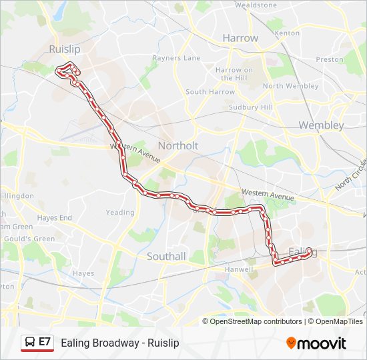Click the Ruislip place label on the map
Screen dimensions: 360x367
(x=64, y=49)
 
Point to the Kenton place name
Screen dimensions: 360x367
(x=287, y=33)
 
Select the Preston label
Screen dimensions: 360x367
(x=329, y=59)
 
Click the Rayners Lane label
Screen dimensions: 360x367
(x=176, y=58)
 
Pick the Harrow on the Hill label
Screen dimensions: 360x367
(x=234, y=73)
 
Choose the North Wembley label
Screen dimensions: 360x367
(x=291, y=86)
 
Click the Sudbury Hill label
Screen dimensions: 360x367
(x=250, y=107)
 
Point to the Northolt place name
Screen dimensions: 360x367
(x=178, y=145)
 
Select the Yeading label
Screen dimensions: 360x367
(x=120, y=213)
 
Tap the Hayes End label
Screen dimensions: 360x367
(x=55, y=217)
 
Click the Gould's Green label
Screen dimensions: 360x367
(x=29, y=239)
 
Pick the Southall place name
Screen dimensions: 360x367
(x=166, y=256)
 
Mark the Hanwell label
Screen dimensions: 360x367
(x=238, y=269)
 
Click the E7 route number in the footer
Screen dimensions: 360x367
(x=45, y=342)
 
